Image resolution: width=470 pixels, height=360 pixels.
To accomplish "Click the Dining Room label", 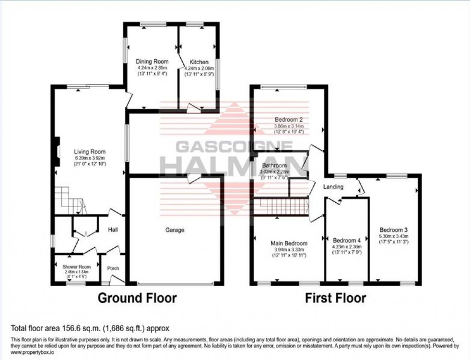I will pyautogui.click(x=152, y=62).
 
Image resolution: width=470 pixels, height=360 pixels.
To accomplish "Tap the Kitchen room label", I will pyautogui.click(x=199, y=62).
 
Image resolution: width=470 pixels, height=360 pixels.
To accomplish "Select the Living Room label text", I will pyautogui.click(x=90, y=152).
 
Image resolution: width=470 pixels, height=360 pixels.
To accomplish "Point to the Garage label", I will pyautogui.click(x=175, y=230).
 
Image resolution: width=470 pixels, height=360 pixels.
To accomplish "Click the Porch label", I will pyautogui.click(x=113, y=268).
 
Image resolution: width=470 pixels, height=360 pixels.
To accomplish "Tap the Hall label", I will pyautogui.click(x=113, y=230).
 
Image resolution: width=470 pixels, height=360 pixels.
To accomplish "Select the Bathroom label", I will pyautogui.click(x=273, y=166).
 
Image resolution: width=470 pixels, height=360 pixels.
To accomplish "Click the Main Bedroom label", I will pyautogui.click(x=289, y=244).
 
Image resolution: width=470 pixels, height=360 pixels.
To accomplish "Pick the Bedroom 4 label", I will pyautogui.click(x=346, y=240).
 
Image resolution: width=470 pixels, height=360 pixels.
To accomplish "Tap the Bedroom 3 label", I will pyautogui.click(x=393, y=229).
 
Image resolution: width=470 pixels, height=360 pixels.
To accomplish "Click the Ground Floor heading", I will pyautogui.click(x=137, y=298).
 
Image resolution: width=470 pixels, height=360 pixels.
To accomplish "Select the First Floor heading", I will pyautogui.click(x=336, y=298).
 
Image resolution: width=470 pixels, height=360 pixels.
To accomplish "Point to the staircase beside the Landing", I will pyautogui.click(x=283, y=207).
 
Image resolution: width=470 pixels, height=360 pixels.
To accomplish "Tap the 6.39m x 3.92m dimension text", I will pyautogui.click(x=90, y=158).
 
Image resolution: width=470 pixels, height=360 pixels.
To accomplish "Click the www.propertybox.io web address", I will pyautogui.click(x=29, y=351).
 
